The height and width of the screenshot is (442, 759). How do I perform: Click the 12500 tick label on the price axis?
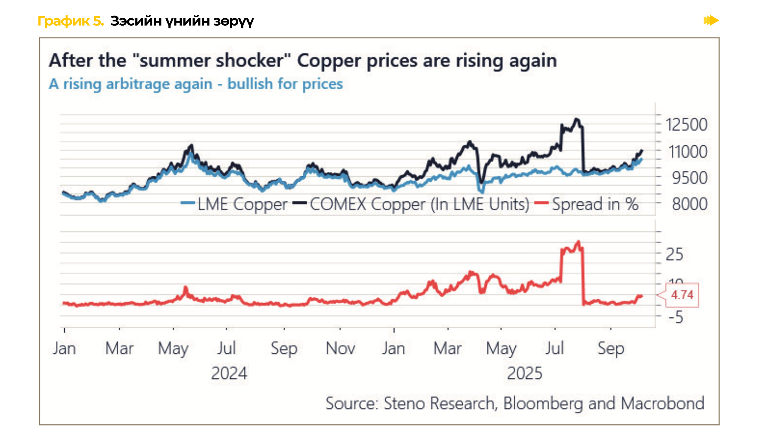(x=686, y=125)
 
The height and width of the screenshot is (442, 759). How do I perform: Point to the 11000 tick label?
(x=688, y=152)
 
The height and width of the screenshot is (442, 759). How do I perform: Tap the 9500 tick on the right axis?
(x=689, y=178)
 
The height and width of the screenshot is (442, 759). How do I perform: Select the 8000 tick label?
(x=689, y=204)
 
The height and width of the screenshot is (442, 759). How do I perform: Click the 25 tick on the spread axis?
(x=674, y=255)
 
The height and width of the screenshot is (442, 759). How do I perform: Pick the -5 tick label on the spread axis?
(x=676, y=317)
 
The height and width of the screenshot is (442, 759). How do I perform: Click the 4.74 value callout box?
(x=682, y=295)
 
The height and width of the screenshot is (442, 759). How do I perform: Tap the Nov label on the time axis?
(x=340, y=348)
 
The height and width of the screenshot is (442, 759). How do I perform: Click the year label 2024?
(x=229, y=373)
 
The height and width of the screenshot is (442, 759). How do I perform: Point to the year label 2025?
(x=525, y=373)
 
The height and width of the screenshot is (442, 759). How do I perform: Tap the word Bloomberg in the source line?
(x=543, y=404)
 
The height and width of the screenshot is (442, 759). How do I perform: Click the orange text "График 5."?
(x=71, y=21)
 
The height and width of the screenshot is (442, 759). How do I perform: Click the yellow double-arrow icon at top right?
(x=711, y=20)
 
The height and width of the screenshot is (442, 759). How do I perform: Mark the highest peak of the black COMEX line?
(x=577, y=119)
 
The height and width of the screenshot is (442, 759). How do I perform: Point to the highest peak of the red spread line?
(x=578, y=242)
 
